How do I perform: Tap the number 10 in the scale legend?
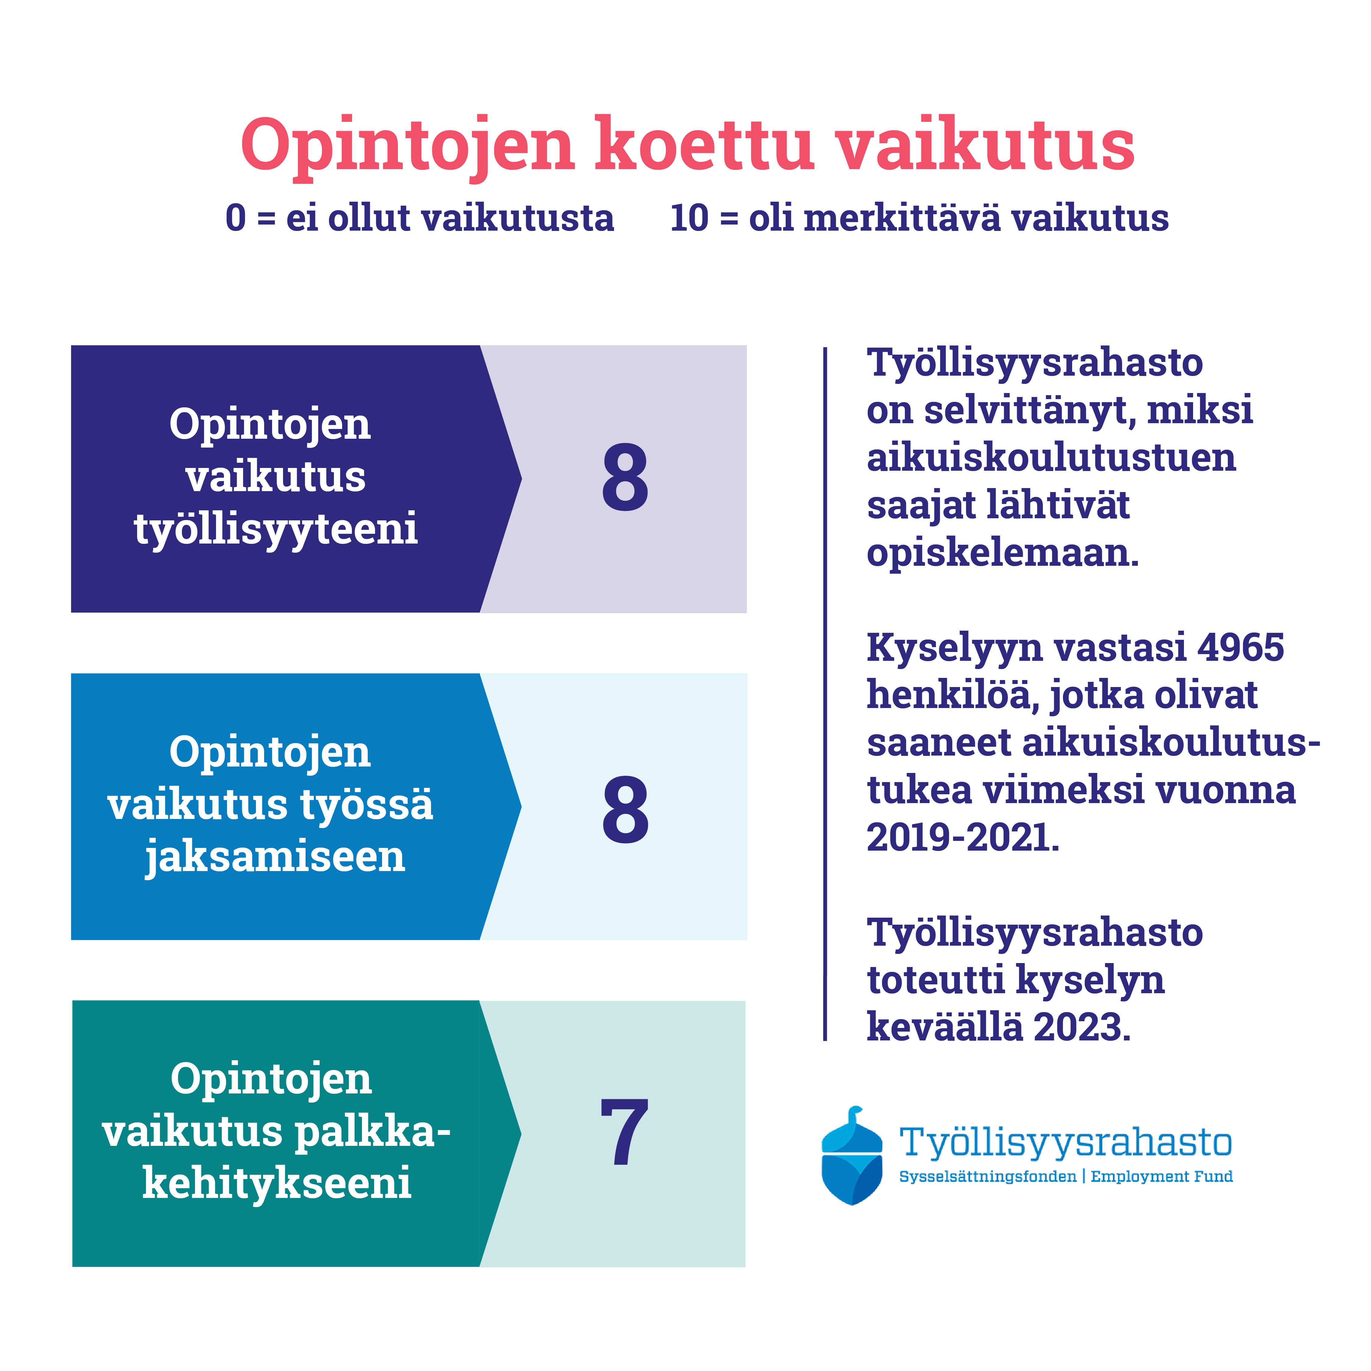pyautogui.click(x=689, y=218)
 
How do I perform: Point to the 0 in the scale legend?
pyautogui.click(x=236, y=218)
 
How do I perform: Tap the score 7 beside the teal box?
pyautogui.click(x=625, y=1132)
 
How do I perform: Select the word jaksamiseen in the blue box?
pyautogui.click(x=275, y=856)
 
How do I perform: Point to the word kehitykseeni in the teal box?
pyautogui.click(x=277, y=1183)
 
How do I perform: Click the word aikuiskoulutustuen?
pyautogui.click(x=1051, y=457)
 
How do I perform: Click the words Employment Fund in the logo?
pyautogui.click(x=1162, y=1177)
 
